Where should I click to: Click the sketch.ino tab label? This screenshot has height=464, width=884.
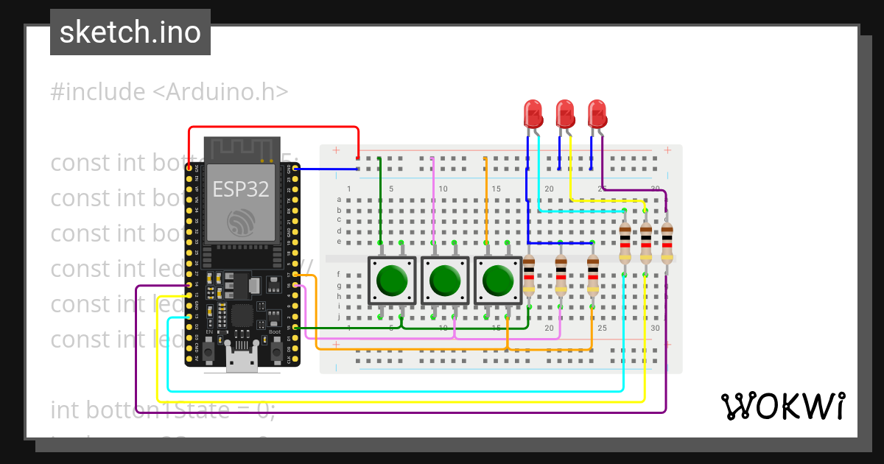coord(130,32)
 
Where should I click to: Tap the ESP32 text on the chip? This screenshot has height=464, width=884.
coord(241,189)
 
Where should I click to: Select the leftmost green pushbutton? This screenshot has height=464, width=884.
coord(392,281)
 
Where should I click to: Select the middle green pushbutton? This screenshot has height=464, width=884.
coord(445,281)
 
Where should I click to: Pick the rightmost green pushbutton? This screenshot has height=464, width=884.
coord(499,281)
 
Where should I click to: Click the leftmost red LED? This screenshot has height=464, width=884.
coord(533,114)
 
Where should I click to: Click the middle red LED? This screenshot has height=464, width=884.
coord(565,114)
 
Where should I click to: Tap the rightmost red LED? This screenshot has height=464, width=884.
coord(597,114)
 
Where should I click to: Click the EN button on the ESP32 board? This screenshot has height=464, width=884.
coord(209,353)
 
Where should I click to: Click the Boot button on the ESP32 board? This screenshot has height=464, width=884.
coord(277,353)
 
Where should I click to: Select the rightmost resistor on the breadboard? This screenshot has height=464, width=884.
coord(667,242)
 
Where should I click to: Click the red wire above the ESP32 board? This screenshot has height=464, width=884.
coord(273,127)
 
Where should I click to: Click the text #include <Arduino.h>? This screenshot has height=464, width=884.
coord(169,92)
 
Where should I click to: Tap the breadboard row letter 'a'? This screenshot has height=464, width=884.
coord(339,200)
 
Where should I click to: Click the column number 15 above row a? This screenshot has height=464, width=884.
coord(497,189)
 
